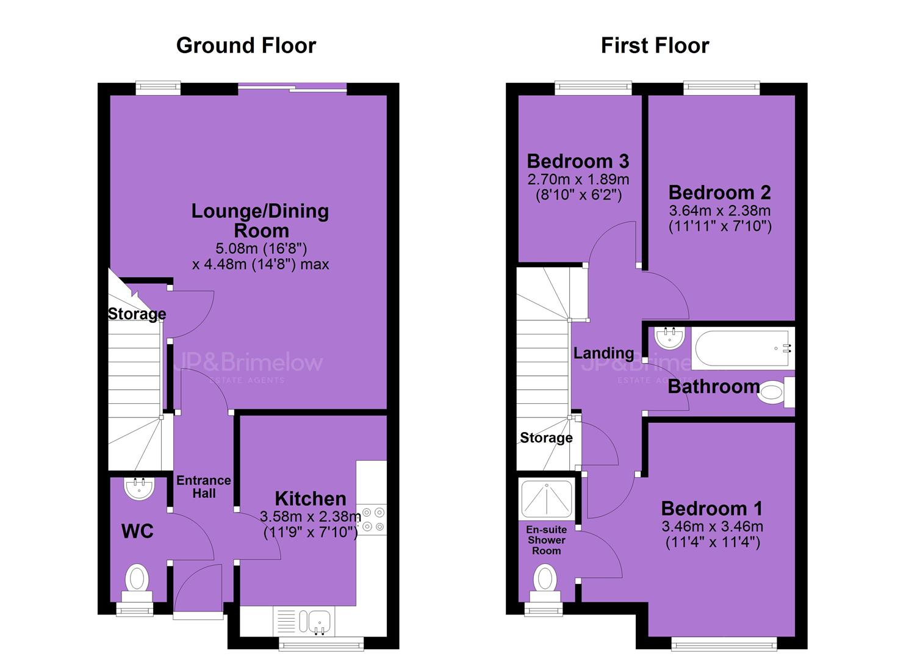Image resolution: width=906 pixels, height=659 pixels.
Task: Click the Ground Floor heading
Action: coord(246,45)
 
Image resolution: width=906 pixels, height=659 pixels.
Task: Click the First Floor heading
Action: coord(655,45)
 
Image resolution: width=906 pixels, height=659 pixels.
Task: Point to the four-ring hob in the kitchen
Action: coord(373,520)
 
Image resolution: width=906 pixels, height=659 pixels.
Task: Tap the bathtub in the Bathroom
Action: coord(742,348)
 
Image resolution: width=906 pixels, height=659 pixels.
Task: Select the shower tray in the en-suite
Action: coord(547,500)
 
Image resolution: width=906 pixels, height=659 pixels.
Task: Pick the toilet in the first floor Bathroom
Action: coord(775,392)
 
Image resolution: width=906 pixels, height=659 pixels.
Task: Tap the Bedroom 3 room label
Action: coord(578,162)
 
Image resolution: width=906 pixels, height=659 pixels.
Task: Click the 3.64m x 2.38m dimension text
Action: coord(720,211)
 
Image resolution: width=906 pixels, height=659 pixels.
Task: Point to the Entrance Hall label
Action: coord(204,487)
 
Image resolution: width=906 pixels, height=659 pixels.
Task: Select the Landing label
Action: coord(603,353)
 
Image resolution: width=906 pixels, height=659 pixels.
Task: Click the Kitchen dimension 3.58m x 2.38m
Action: coord(310,517)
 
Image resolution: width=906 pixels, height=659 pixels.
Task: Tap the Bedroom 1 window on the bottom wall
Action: coord(724,644)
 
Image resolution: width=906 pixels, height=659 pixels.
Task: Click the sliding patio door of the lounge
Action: coord(292,88)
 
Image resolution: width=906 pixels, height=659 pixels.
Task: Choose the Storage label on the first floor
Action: coord(546,438)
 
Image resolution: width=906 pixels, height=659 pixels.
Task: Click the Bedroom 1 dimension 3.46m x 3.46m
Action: coord(713,527)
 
